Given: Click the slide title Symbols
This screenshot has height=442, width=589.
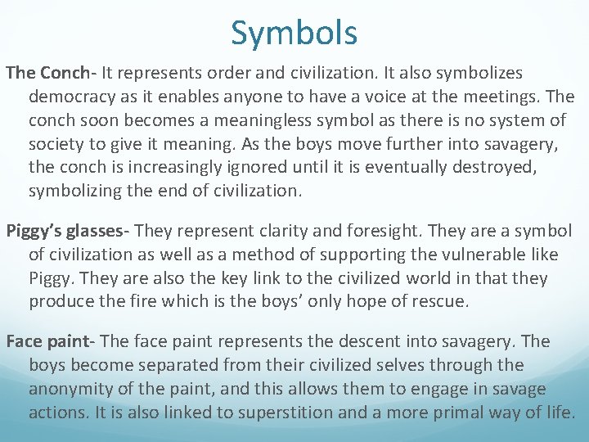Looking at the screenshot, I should (x=294, y=34).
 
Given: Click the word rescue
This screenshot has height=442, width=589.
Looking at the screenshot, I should (x=438, y=302).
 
